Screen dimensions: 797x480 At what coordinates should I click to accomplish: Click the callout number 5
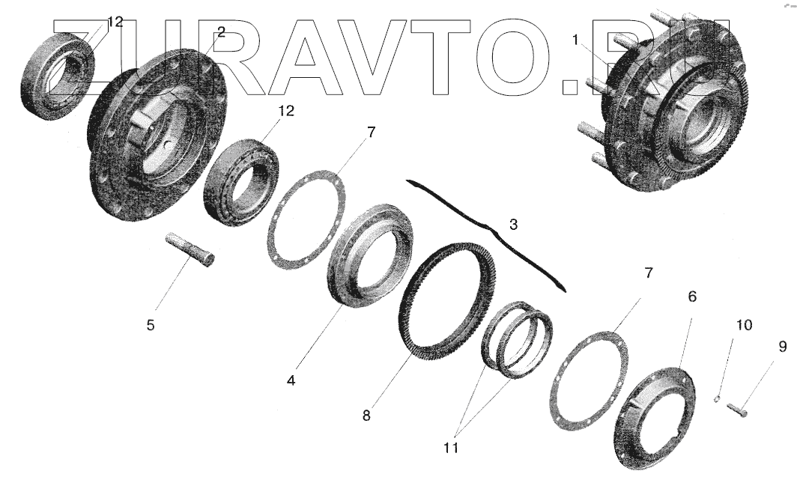point(151,324)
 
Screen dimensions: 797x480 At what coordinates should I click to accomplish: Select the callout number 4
point(291,380)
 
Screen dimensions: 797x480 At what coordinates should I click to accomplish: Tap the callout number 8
point(366,415)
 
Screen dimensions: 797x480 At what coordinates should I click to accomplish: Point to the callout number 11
point(451,448)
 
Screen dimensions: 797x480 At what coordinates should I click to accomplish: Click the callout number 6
point(692,296)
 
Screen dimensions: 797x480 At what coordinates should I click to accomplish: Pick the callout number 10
point(744,324)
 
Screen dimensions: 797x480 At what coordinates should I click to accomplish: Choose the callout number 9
point(782,347)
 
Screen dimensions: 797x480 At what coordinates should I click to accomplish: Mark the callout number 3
point(513,224)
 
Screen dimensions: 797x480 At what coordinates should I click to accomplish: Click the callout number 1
point(575,40)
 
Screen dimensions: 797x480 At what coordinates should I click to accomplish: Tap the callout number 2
point(220,32)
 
